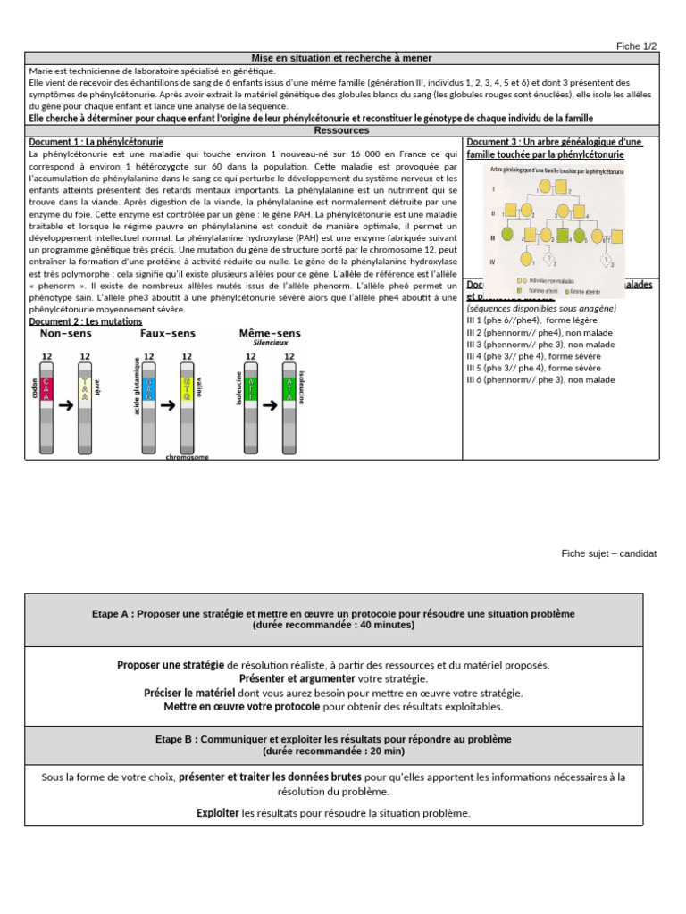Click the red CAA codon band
[48, 389]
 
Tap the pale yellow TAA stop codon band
[85, 389]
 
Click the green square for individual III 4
[563, 236]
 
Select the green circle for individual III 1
[507, 235]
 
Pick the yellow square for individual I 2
[561, 186]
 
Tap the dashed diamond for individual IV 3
[605, 260]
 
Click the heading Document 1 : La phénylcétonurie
[96, 142]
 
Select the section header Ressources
[342, 129]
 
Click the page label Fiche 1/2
[636, 46]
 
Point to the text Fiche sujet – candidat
[608, 553]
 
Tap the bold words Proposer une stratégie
[171, 665]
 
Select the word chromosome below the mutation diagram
[187, 456]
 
